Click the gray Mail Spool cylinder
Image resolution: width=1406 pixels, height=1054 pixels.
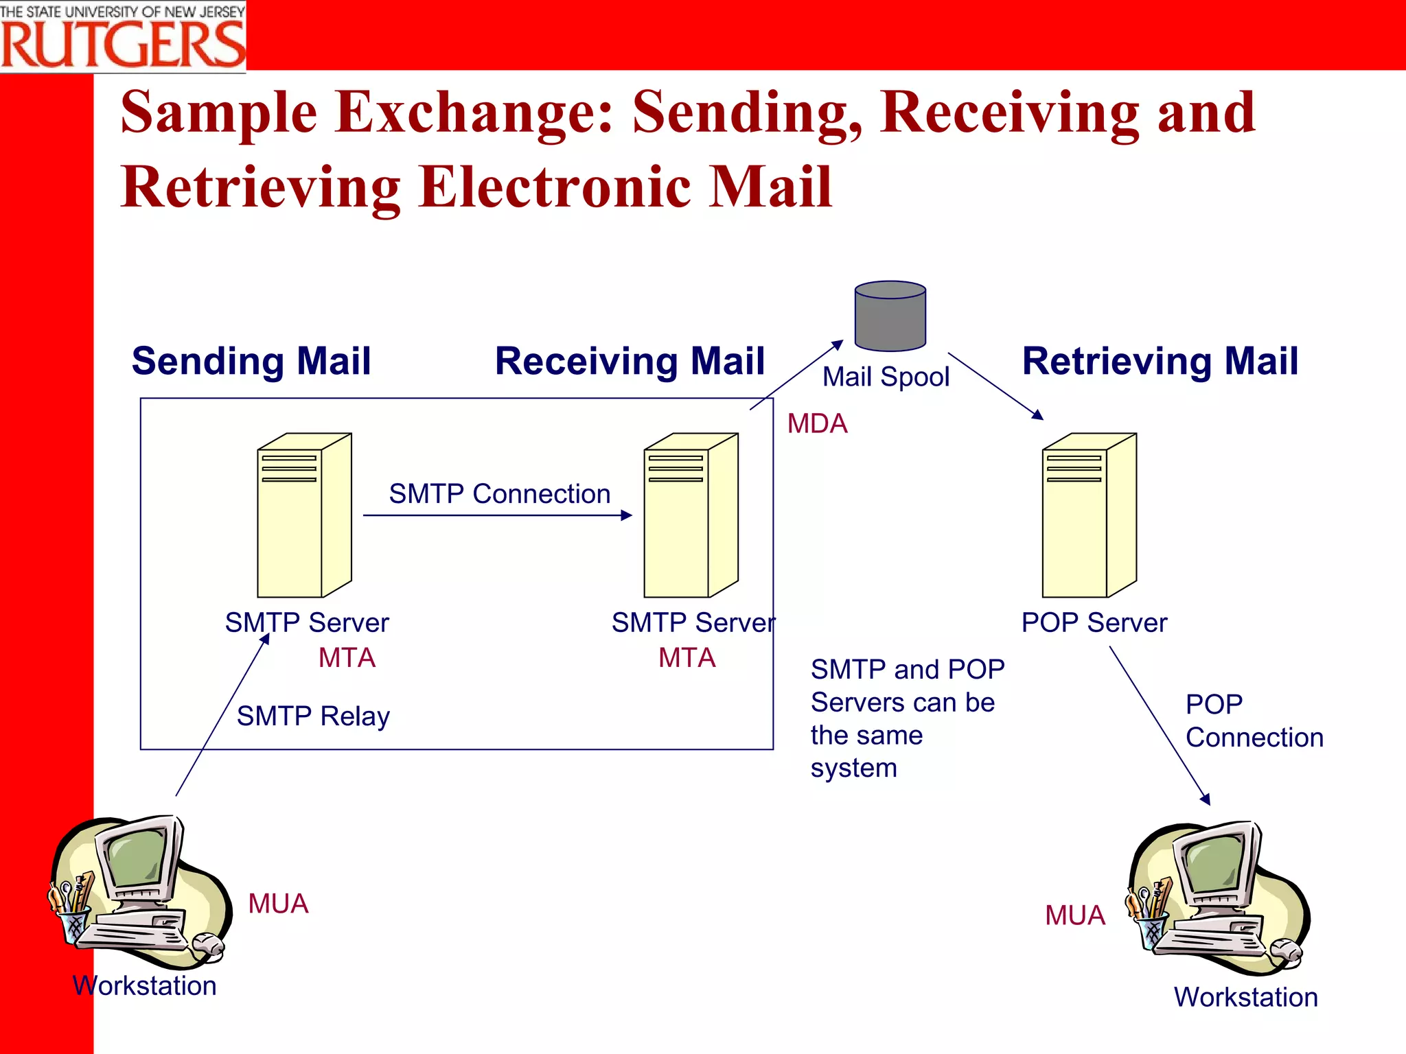[890, 317]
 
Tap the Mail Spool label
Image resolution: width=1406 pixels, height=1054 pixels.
[886, 377]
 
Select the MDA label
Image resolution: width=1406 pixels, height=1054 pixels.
[817, 423]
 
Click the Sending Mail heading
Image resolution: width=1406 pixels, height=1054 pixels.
[251, 361]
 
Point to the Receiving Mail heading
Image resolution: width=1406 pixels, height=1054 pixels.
[630, 361]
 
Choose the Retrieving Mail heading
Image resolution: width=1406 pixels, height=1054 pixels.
[1160, 361]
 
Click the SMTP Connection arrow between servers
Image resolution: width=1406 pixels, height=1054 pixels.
[497, 515]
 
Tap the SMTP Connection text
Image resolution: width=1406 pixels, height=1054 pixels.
[499, 493]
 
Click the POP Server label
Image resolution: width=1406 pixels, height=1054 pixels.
[1094, 622]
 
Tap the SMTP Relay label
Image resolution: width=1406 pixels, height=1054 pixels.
[313, 716]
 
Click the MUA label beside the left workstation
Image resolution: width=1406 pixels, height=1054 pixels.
[278, 903]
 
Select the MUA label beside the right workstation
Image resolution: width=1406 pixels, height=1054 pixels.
[1074, 915]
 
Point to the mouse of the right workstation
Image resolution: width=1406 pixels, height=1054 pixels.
[1286, 952]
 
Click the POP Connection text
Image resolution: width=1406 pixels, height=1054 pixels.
[1254, 721]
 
